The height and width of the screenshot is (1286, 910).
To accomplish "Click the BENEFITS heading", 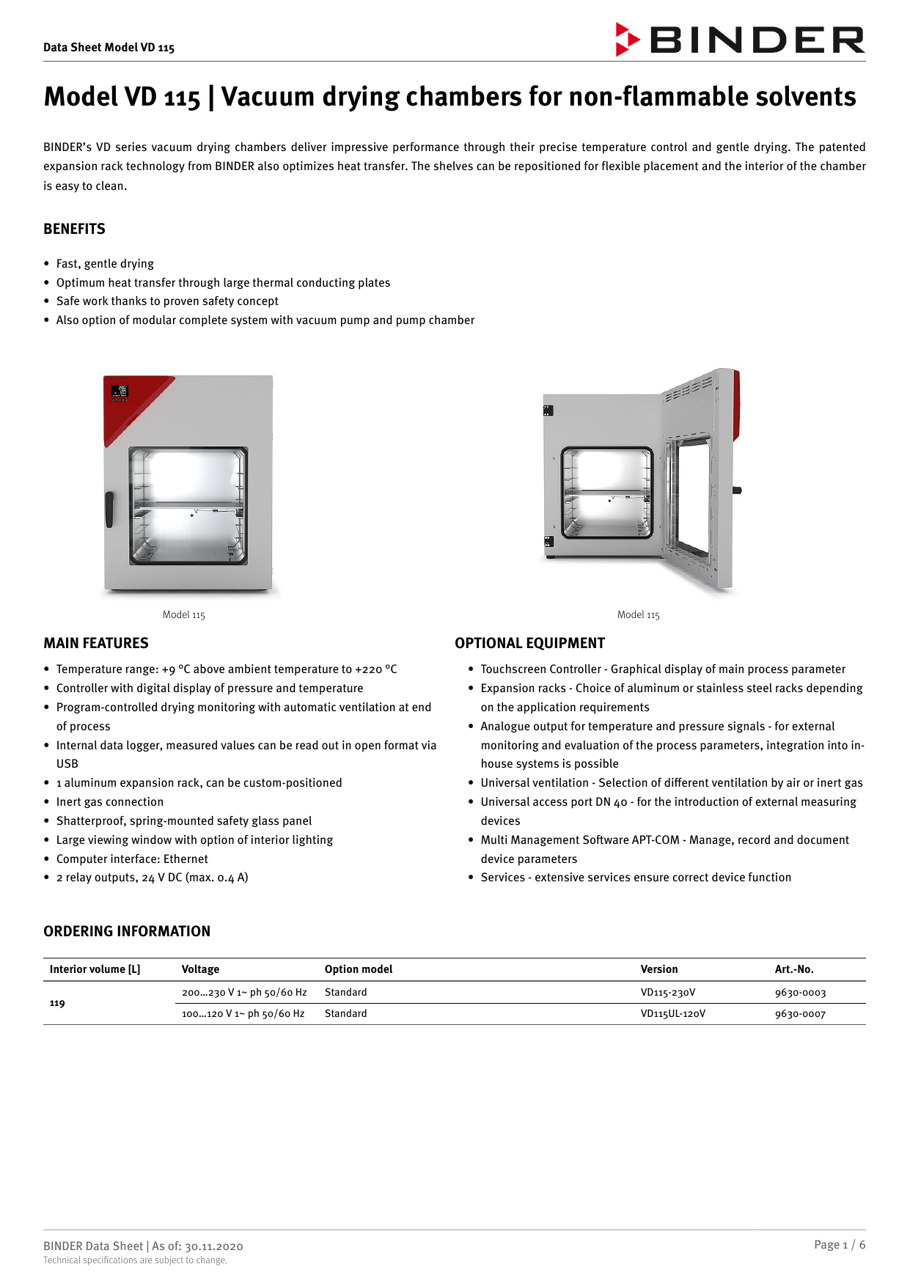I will pyautogui.click(x=74, y=229).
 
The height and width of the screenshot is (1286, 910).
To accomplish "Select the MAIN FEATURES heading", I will pyautogui.click(x=95, y=643).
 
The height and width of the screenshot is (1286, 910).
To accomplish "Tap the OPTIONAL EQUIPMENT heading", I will pyautogui.click(x=529, y=643).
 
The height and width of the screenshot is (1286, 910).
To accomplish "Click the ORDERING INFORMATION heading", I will pyautogui.click(x=127, y=931).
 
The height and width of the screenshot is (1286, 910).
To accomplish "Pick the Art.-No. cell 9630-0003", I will pyautogui.click(x=800, y=993).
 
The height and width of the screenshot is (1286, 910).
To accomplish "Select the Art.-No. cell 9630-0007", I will pyautogui.click(x=800, y=1014).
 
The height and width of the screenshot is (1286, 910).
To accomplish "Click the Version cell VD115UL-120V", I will pyautogui.click(x=672, y=1014).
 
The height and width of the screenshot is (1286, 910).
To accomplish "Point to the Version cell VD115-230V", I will pyautogui.click(x=667, y=993).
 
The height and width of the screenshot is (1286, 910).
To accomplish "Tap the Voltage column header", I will pyautogui.click(x=200, y=969).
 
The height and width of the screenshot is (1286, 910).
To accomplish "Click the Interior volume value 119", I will pyautogui.click(x=57, y=1003).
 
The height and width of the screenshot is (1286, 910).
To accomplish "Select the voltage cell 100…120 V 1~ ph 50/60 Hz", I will pyautogui.click(x=243, y=1014).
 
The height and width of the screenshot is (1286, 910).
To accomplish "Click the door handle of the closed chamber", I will pyautogui.click(x=109, y=509).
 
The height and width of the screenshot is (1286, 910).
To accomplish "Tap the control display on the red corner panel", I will pyautogui.click(x=120, y=392).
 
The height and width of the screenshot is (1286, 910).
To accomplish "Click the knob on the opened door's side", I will pyautogui.click(x=737, y=490).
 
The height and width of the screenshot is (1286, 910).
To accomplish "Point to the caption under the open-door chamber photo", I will pyautogui.click(x=638, y=615).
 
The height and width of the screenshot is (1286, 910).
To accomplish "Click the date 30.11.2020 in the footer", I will pyautogui.click(x=213, y=1246).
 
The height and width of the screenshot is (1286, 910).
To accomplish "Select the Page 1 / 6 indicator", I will pyautogui.click(x=839, y=1245).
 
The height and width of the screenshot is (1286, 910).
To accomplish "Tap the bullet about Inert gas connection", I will pyautogui.click(x=109, y=802).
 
